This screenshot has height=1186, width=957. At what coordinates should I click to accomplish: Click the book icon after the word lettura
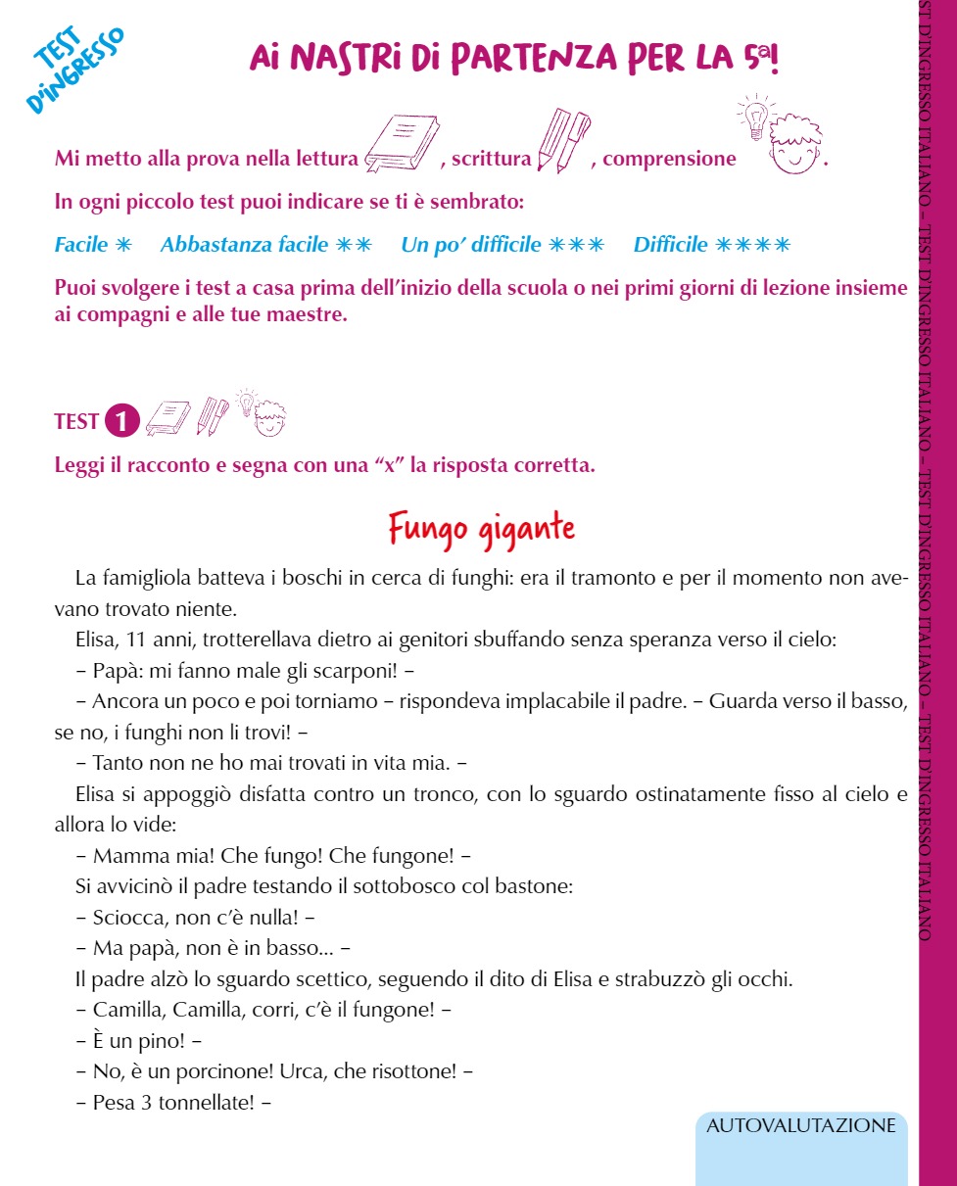point(401,145)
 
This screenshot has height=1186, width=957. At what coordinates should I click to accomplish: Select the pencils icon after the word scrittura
point(563,142)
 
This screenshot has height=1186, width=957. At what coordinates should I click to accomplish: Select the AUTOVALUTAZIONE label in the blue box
point(800,1125)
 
